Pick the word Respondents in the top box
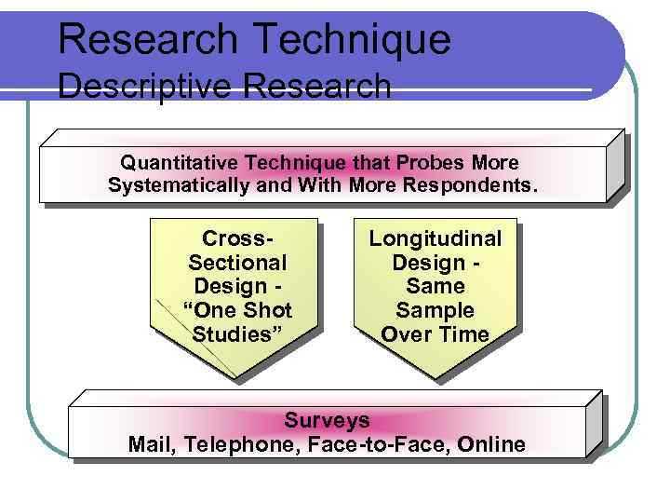470,184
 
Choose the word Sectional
238,263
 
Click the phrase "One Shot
238,310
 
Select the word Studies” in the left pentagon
238,334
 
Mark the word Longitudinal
435,238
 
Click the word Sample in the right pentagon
435,310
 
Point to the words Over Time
435,334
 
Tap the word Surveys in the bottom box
327,420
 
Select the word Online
491,444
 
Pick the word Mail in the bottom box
150,444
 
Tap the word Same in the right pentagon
435,286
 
